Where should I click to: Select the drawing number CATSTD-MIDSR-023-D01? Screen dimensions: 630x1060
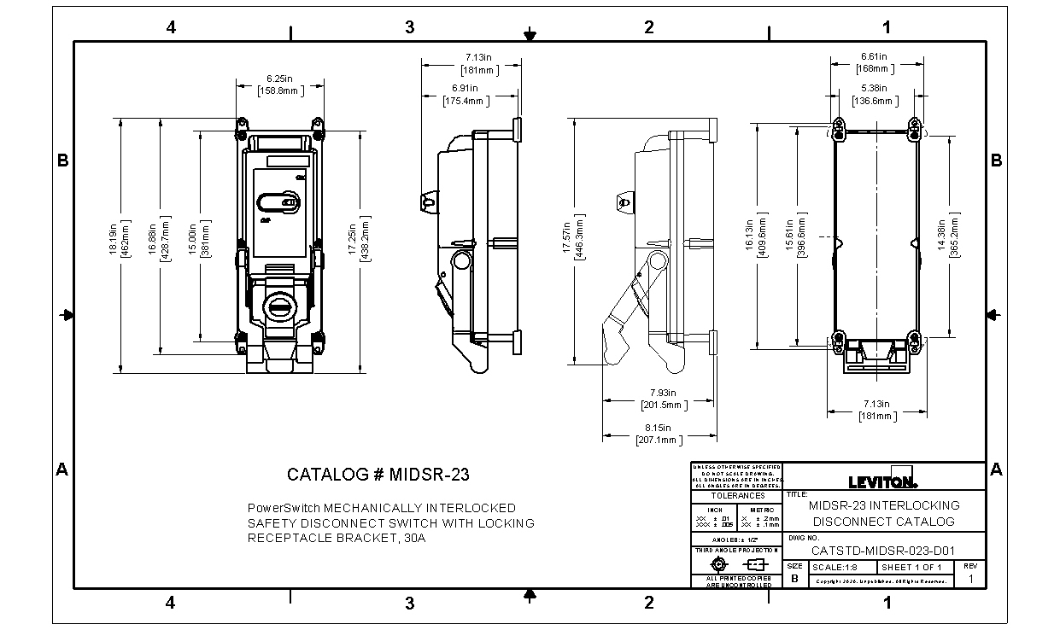(882, 550)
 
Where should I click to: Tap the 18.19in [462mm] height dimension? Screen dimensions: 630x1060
(125, 244)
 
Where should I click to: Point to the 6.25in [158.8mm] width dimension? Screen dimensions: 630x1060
(279, 84)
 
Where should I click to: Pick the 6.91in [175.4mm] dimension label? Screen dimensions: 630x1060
(465, 94)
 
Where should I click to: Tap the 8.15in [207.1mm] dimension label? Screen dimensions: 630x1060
(659, 434)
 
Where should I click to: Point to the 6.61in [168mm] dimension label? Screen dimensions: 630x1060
(873, 62)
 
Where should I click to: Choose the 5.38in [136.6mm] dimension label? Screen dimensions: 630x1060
(873, 94)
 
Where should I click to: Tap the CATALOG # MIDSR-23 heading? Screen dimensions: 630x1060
(378, 475)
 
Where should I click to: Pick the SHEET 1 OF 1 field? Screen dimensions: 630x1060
(911, 567)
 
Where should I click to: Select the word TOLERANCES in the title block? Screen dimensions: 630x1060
(736, 495)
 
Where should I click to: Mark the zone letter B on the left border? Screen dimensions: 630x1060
(62, 160)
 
